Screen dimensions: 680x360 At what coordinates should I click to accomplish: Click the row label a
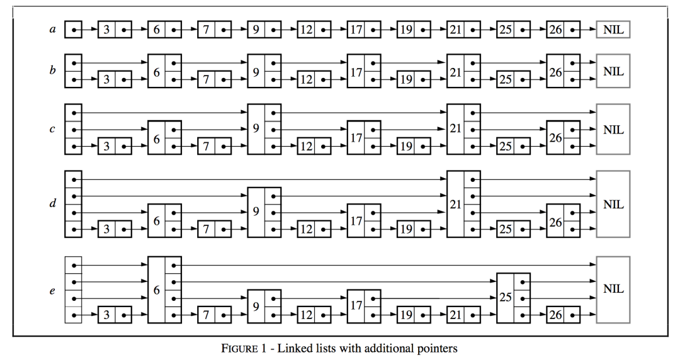pyautogui.click(x=52, y=30)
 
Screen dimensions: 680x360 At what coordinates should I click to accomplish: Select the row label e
pyautogui.click(x=52, y=290)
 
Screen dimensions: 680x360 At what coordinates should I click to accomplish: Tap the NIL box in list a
pyautogui.click(x=613, y=30)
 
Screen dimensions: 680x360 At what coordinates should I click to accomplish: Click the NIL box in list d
pyautogui.click(x=613, y=204)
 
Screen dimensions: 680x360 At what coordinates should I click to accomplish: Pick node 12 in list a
pyautogui.click(x=314, y=30)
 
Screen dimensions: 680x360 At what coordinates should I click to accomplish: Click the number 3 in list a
pyautogui.click(x=106, y=30)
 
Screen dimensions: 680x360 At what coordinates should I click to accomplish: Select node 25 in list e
pyautogui.click(x=514, y=298)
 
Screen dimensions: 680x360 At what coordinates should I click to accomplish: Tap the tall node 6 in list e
pyautogui.click(x=164, y=290)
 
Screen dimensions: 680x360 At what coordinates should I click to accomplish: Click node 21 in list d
pyautogui.click(x=463, y=204)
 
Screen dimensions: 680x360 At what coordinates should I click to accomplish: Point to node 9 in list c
pyautogui.click(x=264, y=129)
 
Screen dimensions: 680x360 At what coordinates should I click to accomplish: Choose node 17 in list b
pyautogui.click(x=364, y=71)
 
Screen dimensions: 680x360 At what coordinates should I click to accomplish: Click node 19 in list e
pyautogui.click(x=414, y=315)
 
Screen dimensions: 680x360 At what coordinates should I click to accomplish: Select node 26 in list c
pyautogui.click(x=564, y=137)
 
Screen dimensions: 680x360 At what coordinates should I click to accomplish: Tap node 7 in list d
pyautogui.click(x=214, y=229)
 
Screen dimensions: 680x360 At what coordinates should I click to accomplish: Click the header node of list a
pyautogui.click(x=73, y=30)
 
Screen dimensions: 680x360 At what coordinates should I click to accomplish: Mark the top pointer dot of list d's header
pyautogui.click(x=74, y=179)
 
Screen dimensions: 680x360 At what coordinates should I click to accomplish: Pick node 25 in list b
pyautogui.click(x=514, y=79)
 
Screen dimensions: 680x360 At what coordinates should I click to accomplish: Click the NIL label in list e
pyautogui.click(x=613, y=289)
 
